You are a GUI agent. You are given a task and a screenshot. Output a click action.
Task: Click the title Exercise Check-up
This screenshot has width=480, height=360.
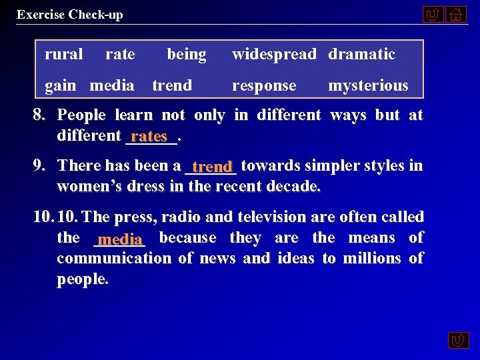pos(70,15)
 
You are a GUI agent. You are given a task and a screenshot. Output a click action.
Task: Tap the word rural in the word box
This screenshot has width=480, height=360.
pos(63,54)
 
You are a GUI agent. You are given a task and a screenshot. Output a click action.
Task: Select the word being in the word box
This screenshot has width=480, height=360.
pos(186,54)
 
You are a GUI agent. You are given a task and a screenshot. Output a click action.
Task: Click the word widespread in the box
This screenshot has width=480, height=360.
pos(274,54)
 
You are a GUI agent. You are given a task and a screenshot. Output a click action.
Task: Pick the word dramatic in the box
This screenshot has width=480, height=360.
pos(361,54)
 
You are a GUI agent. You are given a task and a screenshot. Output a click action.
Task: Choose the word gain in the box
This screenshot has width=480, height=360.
pos(60,85)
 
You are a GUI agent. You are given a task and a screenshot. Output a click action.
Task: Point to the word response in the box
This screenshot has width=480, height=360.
pos(264,85)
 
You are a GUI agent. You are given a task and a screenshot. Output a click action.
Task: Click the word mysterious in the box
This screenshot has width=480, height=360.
pos(368,85)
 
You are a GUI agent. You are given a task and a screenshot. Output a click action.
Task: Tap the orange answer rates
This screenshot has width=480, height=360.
pos(149,137)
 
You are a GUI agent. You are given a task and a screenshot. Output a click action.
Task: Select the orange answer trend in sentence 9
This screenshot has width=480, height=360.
pos(212,167)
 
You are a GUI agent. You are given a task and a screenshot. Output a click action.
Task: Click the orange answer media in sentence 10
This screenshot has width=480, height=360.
pos(120,239)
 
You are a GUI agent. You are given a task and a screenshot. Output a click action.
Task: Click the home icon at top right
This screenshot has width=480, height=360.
pos(456,14)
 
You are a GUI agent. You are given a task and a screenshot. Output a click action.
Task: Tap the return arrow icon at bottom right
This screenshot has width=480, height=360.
pos(458,340)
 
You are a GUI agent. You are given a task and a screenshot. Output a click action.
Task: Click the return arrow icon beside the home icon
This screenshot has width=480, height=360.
pos(433,14)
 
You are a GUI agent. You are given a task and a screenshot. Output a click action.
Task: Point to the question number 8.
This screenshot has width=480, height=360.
pos(39,115)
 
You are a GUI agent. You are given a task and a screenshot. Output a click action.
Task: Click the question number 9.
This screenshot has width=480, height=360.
pos(39,165)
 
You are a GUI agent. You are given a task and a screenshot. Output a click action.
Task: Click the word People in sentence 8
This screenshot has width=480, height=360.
pos(81,115)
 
